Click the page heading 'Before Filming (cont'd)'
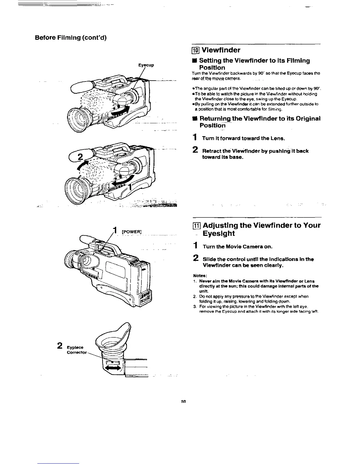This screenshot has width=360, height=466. point(71,38)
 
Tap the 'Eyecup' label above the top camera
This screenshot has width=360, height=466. point(146,65)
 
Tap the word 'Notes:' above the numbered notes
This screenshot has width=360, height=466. point(200,276)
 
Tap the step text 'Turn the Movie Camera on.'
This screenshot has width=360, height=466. point(239,247)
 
